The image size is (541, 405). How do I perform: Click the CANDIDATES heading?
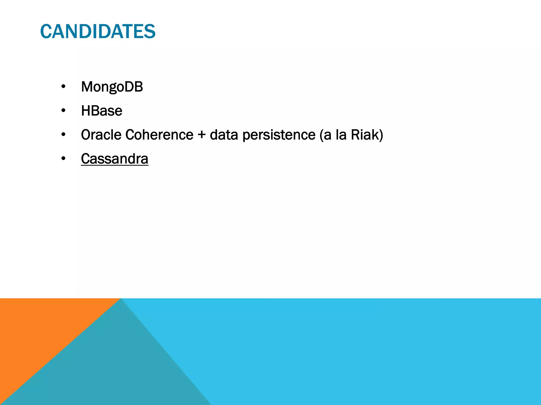pyautogui.click(x=98, y=31)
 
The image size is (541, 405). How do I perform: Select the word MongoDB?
pyautogui.click(x=112, y=87)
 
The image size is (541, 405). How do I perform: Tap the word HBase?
pyautogui.click(x=101, y=111)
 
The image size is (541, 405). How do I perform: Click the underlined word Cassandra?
pyautogui.click(x=114, y=159)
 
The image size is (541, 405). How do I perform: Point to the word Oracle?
pyautogui.click(x=101, y=135)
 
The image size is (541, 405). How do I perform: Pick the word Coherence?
pyautogui.click(x=159, y=135)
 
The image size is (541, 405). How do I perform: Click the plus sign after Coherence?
pyautogui.click(x=202, y=135)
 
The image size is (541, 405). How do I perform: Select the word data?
pyautogui.click(x=224, y=135)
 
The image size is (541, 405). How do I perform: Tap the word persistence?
pyautogui.click(x=279, y=135)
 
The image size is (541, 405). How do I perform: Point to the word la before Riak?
pyautogui.click(x=341, y=135)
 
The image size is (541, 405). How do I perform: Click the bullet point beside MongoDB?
pyautogui.click(x=63, y=86)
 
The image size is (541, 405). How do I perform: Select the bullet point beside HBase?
pyautogui.click(x=63, y=110)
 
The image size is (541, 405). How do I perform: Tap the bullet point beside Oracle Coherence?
pyautogui.click(x=63, y=134)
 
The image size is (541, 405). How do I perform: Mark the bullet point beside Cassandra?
pyautogui.click(x=63, y=158)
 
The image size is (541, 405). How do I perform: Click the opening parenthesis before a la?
pyautogui.click(x=321, y=135)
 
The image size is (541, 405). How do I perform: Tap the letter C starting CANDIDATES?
pyautogui.click(x=45, y=31)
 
